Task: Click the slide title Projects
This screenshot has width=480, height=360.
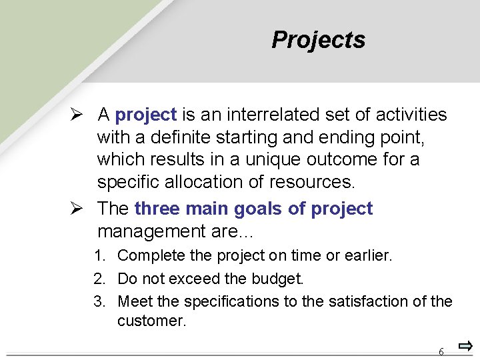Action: click(x=318, y=40)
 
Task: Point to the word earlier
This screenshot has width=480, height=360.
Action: click(x=367, y=256)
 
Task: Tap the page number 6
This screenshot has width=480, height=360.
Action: click(x=441, y=351)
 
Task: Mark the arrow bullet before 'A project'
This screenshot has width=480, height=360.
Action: click(x=78, y=115)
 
